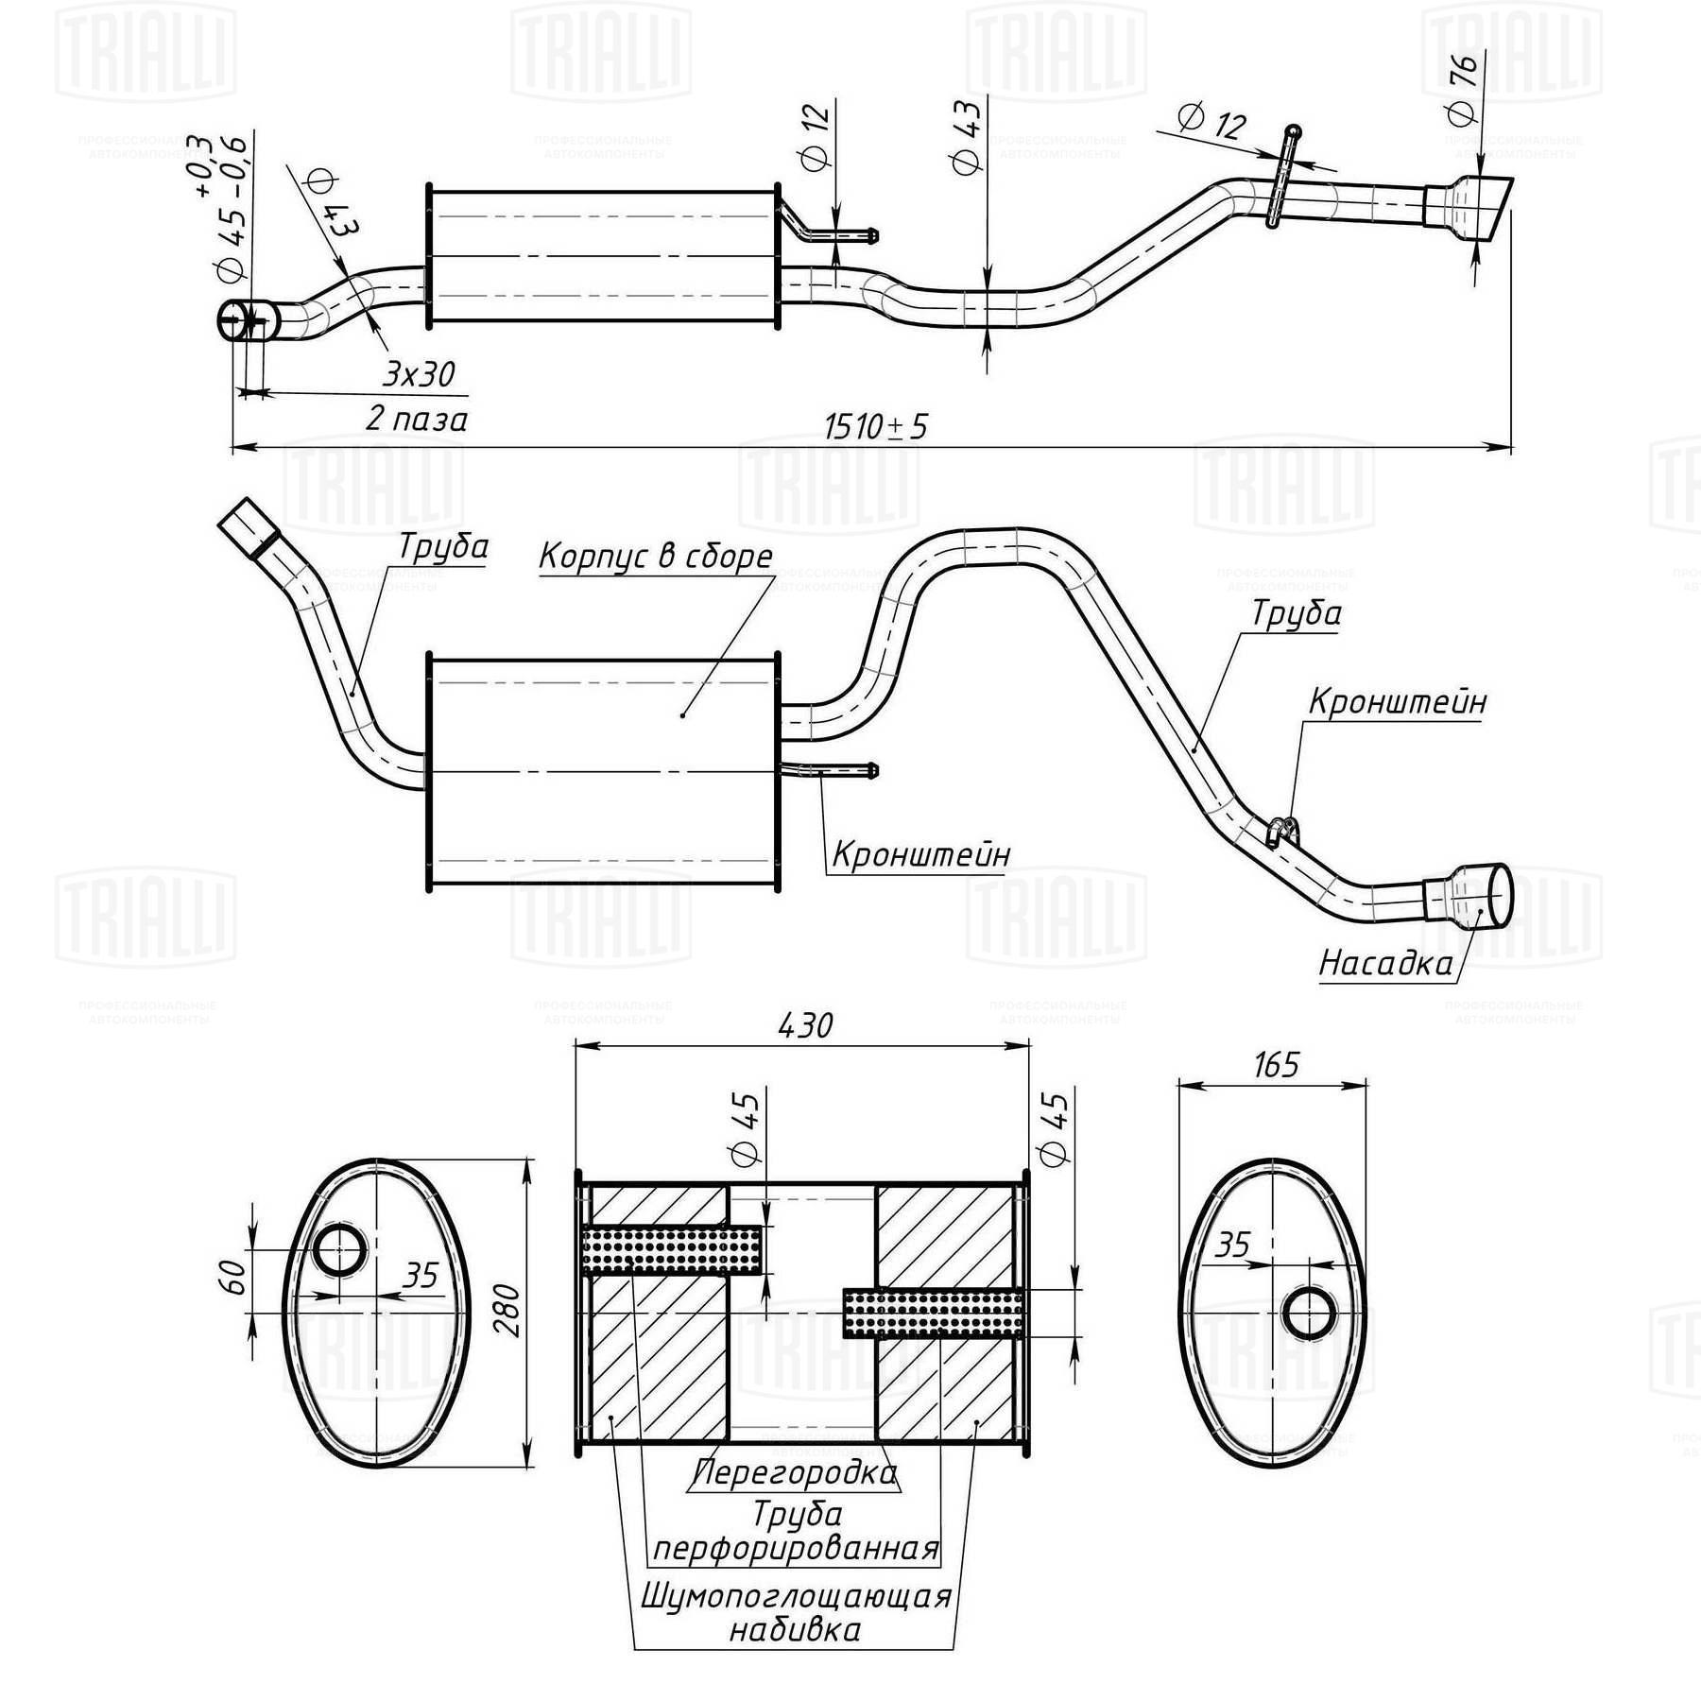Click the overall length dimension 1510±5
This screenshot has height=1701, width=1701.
[x=876, y=426]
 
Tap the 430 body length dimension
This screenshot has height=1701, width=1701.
[x=806, y=1025]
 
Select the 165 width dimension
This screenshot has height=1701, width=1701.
[x=1276, y=1065]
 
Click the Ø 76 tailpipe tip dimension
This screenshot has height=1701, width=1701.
[x=1462, y=91]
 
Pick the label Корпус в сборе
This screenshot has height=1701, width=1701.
[x=656, y=557]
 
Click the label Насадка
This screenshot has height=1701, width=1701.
[x=1385, y=963]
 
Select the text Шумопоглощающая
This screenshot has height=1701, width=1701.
[x=796, y=1596]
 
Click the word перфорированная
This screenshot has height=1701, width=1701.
[x=796, y=1549]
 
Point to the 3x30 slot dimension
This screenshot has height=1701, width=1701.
[x=419, y=374]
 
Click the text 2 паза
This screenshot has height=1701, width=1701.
[x=417, y=419]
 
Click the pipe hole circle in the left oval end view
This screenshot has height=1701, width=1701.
[x=339, y=1251]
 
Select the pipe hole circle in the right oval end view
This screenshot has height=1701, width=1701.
[x=1310, y=1313]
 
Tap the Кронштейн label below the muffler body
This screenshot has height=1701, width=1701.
[x=921, y=854]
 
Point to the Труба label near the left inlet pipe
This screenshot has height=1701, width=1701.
[x=442, y=547]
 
